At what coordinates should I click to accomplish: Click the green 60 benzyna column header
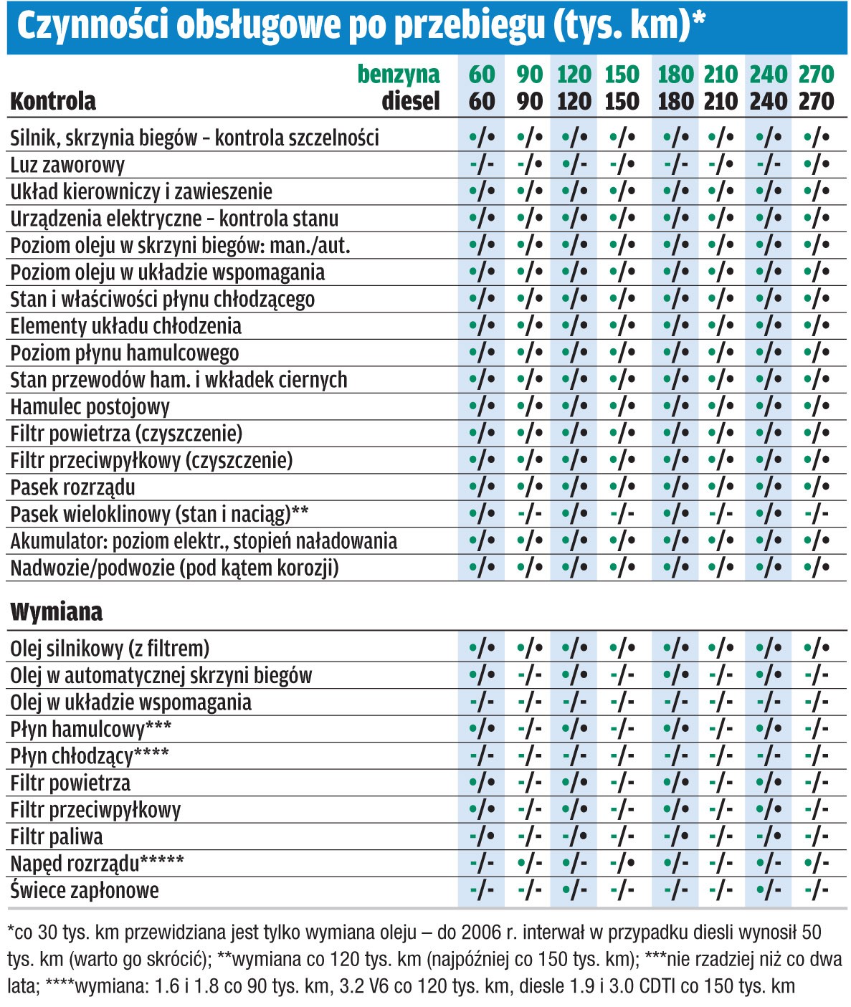coord(482,74)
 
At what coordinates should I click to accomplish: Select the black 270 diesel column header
coord(817,101)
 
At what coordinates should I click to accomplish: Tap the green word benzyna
coord(399,74)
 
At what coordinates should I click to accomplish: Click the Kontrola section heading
coord(53,101)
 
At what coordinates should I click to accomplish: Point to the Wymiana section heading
coord(57,611)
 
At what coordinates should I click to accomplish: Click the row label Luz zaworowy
coord(67,165)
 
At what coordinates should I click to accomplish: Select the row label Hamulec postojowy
coord(90,406)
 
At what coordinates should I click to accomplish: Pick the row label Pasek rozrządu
coord(72,487)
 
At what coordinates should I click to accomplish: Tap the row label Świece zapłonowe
coord(85,890)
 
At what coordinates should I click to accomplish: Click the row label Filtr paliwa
coord(57,836)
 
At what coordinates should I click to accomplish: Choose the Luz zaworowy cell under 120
coord(574,165)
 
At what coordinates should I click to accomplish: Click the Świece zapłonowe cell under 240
coord(768,890)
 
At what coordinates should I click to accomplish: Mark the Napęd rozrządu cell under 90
coord(529,863)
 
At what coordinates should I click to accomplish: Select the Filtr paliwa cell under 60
coord(482,836)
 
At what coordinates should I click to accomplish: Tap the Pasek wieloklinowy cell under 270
coord(817,514)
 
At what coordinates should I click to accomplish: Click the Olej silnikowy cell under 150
coord(622,649)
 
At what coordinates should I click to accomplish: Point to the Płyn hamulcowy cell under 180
coord(676,729)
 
